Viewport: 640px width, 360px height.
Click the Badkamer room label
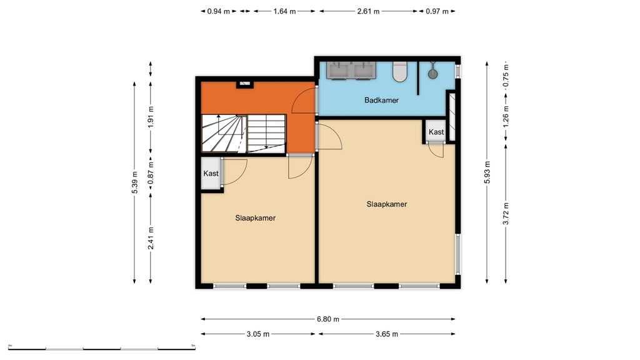point(381,100)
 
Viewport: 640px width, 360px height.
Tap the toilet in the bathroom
point(399,72)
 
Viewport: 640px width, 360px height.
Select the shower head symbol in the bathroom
point(432,73)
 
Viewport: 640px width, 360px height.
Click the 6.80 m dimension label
point(327,319)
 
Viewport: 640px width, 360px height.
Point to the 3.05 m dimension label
point(257,334)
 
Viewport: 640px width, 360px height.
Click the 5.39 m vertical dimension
point(134,182)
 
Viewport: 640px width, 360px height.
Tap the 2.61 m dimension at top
point(367,11)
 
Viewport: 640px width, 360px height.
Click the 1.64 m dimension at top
point(284,11)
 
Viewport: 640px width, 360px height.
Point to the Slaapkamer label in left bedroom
point(256,218)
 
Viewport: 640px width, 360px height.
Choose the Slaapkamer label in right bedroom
point(387,204)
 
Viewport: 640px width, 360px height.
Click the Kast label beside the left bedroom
point(211,173)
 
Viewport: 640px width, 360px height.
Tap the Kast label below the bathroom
point(436,132)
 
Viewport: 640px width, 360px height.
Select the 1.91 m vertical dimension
point(151,117)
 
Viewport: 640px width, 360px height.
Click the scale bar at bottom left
point(101,347)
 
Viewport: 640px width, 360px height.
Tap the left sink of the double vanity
point(340,71)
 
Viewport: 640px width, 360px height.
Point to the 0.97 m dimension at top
point(437,11)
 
